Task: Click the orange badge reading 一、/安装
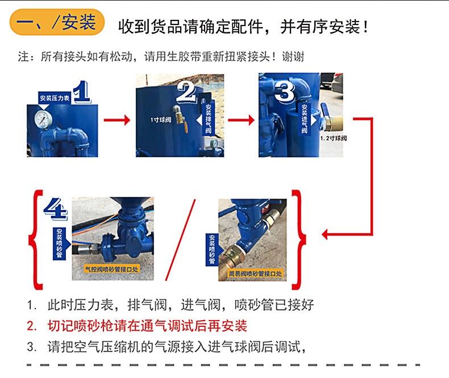[x=57, y=22]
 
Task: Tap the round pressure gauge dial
[x=43, y=119]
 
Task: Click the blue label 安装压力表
[x=55, y=98]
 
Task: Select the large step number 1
[x=82, y=92]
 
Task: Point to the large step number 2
[x=186, y=92]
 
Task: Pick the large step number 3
[x=284, y=91]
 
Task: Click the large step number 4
[x=56, y=209]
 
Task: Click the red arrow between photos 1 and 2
[x=117, y=120]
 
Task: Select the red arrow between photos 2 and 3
[x=241, y=120]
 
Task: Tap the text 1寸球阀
[x=161, y=120]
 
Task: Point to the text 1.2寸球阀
[x=333, y=138]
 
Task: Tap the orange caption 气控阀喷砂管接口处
[x=111, y=269]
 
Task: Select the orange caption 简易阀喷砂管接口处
[x=255, y=274]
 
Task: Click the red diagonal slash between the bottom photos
[x=180, y=240]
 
